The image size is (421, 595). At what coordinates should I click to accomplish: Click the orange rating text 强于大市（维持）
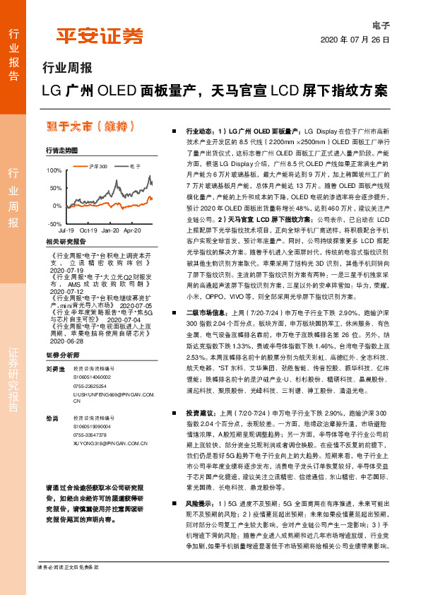click(x=91, y=126)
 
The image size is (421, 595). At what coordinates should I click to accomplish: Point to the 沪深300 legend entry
click(x=95, y=165)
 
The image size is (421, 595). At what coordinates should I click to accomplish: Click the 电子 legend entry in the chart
click(x=135, y=165)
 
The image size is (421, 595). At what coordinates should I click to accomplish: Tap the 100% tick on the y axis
click(x=54, y=171)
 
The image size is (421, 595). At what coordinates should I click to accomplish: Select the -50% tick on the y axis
click(x=55, y=223)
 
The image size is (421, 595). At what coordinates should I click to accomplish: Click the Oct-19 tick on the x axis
click(x=88, y=231)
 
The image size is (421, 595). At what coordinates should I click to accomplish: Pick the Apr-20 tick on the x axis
click(x=134, y=231)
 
